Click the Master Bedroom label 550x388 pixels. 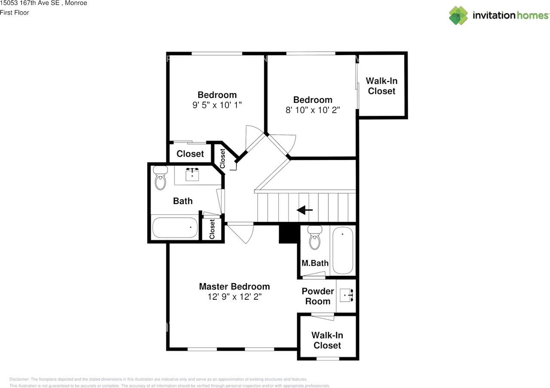(234, 286)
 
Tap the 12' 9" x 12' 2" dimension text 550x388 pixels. (235, 297)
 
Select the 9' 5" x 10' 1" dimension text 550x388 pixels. (217, 105)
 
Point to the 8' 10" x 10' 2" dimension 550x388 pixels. (312, 110)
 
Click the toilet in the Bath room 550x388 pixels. (160, 178)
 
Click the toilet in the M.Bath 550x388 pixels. (315, 237)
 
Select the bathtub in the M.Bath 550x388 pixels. (343, 250)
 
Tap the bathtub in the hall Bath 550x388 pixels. (175, 228)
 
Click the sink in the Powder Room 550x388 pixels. (346, 296)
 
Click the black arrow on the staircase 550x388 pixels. (305, 210)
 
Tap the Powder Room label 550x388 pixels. (318, 296)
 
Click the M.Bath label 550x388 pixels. (315, 263)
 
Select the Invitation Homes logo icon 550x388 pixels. (458, 15)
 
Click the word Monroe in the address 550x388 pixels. (76, 3)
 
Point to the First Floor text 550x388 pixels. (15, 12)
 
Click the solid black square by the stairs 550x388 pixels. (290, 234)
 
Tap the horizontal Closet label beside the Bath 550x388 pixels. (190, 154)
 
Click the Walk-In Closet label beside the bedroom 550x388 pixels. (382, 86)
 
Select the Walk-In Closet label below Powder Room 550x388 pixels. (327, 340)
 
